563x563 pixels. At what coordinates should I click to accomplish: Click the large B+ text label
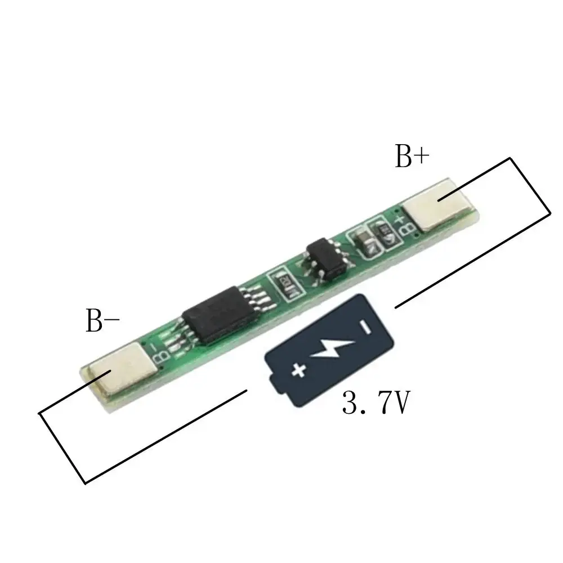click(412, 158)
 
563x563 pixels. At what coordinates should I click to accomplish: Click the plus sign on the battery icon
click(298, 370)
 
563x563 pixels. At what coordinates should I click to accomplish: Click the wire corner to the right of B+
click(549, 213)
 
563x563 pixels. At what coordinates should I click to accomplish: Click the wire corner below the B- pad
click(84, 482)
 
